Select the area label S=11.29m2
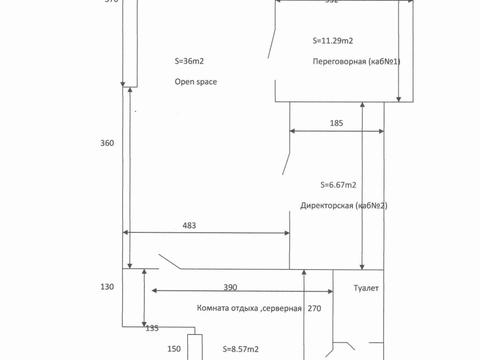click(x=332, y=41)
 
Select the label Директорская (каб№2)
click(x=344, y=206)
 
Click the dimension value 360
click(x=108, y=143)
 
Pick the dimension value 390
click(x=230, y=287)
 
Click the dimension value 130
click(x=108, y=287)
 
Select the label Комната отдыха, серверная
click(x=235, y=308)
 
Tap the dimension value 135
click(x=153, y=327)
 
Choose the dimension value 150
click(x=174, y=348)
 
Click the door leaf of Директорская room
click(x=287, y=160)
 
